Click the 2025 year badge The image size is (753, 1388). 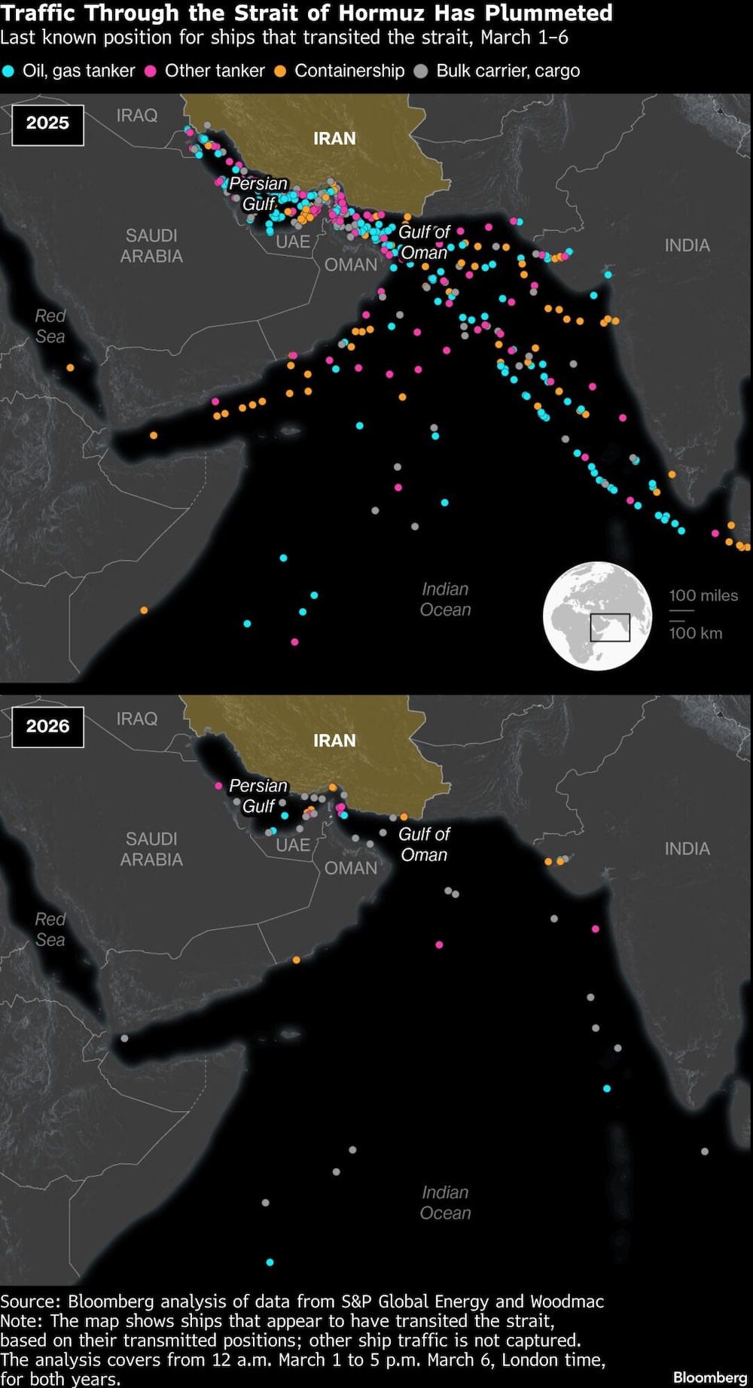pyautogui.click(x=47, y=123)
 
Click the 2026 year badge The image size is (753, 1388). pyautogui.click(x=47, y=726)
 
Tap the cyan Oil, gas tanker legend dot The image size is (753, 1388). pyautogui.click(x=8, y=72)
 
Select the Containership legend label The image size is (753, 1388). pyautogui.click(x=349, y=71)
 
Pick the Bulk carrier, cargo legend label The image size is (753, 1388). pyautogui.click(x=508, y=71)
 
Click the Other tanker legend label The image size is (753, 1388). pyautogui.click(x=215, y=71)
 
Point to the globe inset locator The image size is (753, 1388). pyautogui.click(x=598, y=616)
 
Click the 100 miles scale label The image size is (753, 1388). pyautogui.click(x=703, y=595)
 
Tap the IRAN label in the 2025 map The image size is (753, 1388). pyautogui.click(x=334, y=138)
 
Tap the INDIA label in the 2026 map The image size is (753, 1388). pyautogui.click(x=687, y=849)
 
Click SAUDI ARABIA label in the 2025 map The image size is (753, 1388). pyautogui.click(x=151, y=246)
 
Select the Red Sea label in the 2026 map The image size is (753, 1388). pyautogui.click(x=50, y=930)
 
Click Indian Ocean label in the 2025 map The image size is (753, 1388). pyautogui.click(x=445, y=599)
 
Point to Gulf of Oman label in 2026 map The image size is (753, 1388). pyautogui.click(x=424, y=845)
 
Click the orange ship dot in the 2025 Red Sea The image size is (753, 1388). pyautogui.click(x=70, y=368)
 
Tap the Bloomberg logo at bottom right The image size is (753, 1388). pyautogui.click(x=709, y=1377)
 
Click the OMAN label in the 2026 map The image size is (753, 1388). pyautogui.click(x=350, y=868)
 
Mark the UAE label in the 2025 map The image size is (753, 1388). pyautogui.click(x=293, y=242)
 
